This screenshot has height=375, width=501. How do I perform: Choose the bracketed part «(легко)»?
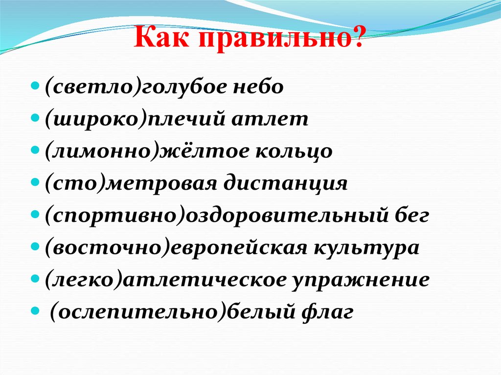pos(79,281)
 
